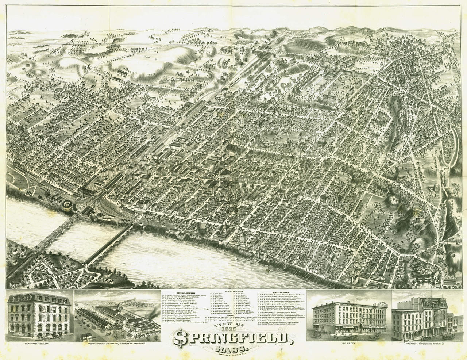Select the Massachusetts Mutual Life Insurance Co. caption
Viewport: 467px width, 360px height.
click(x=428, y=353)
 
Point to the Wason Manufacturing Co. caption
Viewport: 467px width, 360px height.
click(x=116, y=354)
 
